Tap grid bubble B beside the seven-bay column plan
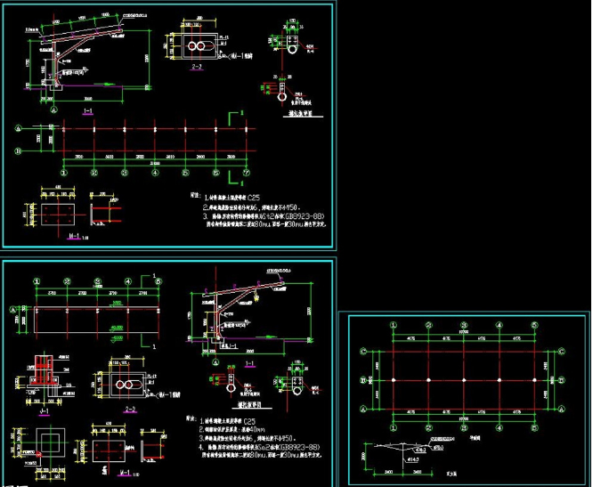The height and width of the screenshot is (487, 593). (17, 151)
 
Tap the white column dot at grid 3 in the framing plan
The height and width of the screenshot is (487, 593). (467, 380)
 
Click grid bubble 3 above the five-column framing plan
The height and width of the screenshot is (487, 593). (467, 329)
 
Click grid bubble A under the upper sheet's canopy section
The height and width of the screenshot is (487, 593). (54, 110)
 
